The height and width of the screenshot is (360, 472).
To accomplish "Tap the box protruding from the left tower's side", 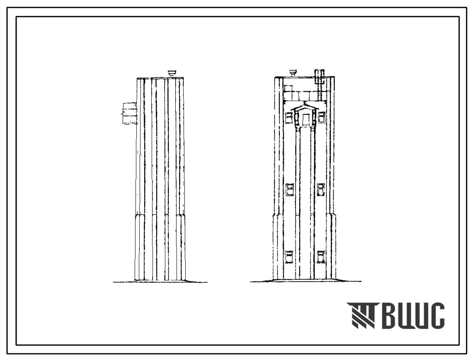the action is click(x=129, y=113).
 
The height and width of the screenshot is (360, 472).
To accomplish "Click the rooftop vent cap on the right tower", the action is click(x=293, y=72).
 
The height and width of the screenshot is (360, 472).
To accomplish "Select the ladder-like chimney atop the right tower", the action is click(x=320, y=77).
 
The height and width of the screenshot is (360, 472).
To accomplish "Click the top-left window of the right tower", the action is click(x=289, y=117).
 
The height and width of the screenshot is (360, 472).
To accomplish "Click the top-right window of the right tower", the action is click(x=322, y=117).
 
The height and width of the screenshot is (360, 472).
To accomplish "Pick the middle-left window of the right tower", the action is click(x=289, y=190).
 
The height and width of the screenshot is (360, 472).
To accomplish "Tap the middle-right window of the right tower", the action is click(x=321, y=190).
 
